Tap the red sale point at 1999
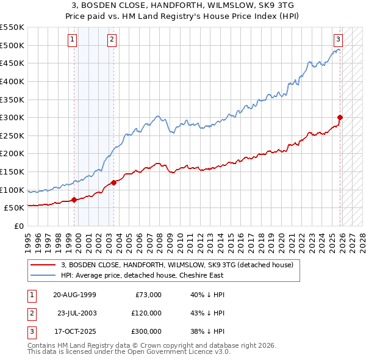coord(74,200)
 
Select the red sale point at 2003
coord(114,182)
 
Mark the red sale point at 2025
coord(340,118)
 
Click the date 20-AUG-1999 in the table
coord(74,295)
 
